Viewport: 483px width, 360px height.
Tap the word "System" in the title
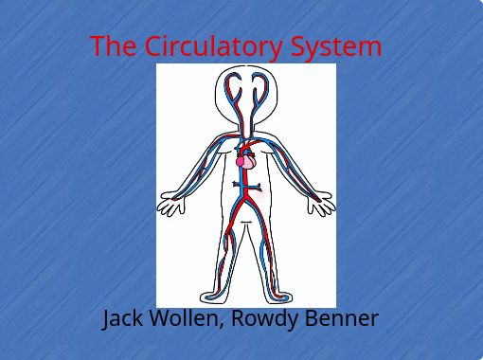336,45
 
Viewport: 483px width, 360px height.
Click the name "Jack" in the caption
122,318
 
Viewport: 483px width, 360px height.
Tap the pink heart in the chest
244,161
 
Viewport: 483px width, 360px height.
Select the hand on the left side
171,204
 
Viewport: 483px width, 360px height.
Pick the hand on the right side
320,203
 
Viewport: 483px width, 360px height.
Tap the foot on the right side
278,297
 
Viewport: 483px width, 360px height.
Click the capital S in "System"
299,45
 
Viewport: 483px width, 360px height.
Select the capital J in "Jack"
107,318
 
